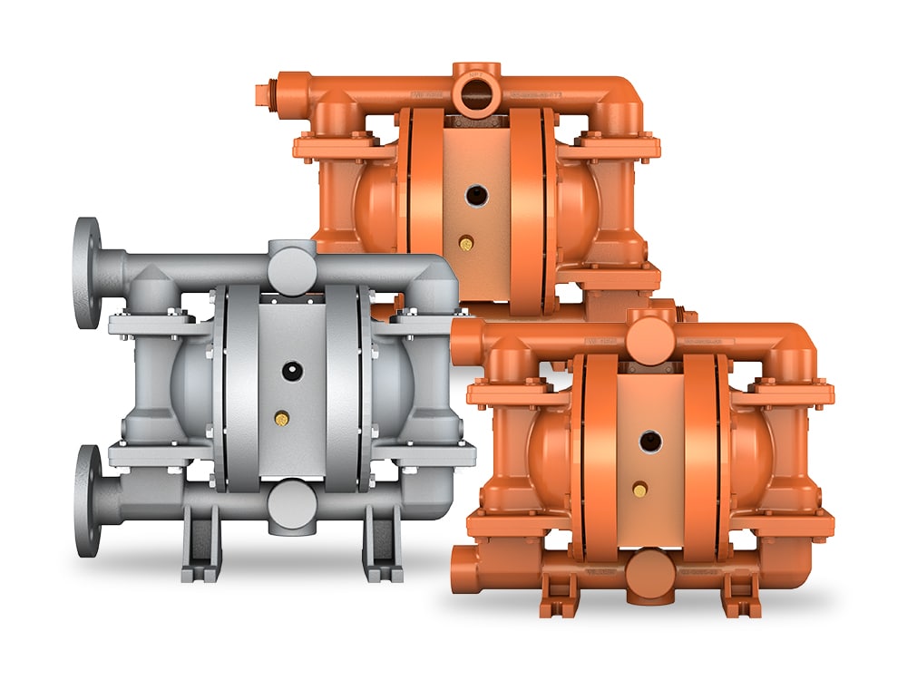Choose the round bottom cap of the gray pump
[292, 501]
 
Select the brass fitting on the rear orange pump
[466, 243]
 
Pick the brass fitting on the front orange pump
[641, 491]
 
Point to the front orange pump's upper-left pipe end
[460, 339]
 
